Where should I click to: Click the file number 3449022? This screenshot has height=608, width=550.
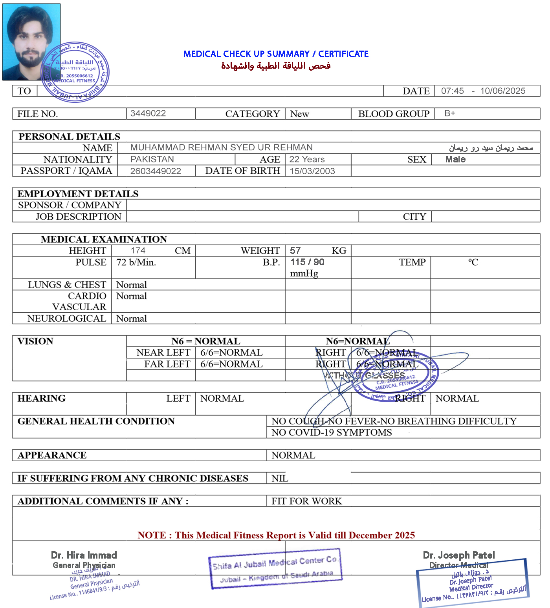click(148, 113)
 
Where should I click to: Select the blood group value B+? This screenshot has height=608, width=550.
click(450, 113)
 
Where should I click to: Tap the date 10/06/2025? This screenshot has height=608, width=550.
click(502, 91)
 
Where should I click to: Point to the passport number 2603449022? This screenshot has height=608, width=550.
click(156, 171)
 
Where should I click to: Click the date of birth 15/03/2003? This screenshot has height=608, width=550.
click(312, 171)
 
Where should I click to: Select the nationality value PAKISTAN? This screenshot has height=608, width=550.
click(152, 159)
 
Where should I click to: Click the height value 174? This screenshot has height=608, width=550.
click(138, 251)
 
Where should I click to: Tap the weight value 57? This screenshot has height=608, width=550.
click(295, 251)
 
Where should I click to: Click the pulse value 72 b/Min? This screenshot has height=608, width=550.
click(136, 262)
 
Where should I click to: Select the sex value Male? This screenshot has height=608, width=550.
click(455, 159)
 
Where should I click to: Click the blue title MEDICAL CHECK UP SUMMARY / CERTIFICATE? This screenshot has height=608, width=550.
click(276, 54)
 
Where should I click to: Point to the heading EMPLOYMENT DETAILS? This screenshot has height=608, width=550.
click(78, 194)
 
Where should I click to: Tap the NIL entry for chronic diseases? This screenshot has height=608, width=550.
click(280, 478)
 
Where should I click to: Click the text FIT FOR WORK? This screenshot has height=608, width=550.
click(306, 501)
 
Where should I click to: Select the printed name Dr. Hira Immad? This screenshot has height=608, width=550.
click(84, 555)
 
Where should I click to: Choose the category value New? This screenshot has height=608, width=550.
click(299, 114)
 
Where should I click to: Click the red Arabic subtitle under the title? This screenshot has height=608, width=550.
click(276, 66)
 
